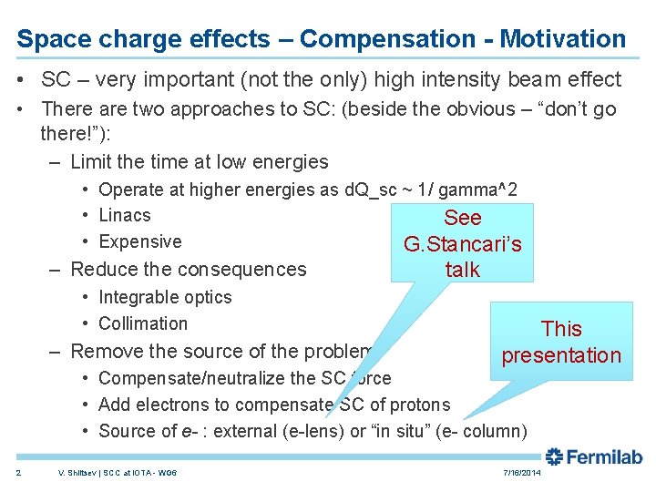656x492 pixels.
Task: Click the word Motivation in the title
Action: coord(563,39)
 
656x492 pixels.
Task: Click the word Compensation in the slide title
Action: coord(386,39)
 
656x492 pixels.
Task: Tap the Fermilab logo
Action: coord(593,457)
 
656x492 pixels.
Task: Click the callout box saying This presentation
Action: coord(561,342)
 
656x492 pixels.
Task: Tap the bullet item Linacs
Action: coord(125,216)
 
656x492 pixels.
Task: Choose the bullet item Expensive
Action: coord(139,242)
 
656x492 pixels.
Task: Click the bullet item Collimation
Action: coord(143,323)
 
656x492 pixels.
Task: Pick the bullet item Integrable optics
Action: coord(165,297)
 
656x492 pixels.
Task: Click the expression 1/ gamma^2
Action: coord(473,190)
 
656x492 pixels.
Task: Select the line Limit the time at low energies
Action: coord(199,162)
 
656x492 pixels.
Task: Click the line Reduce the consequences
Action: coord(188,270)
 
